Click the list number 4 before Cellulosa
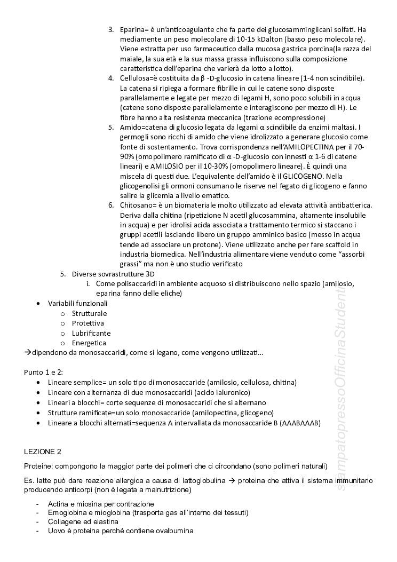tap(110, 78)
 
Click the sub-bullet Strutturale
tap(89, 313)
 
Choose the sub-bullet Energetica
tap(89, 343)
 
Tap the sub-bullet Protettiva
tap(88, 323)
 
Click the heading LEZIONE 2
tap(43, 452)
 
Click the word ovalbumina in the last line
tap(174, 531)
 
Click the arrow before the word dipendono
tap(27, 353)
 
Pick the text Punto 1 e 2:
tap(43, 372)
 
